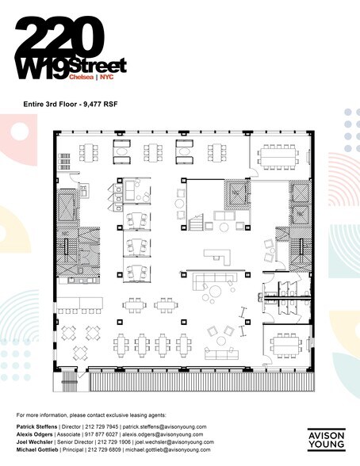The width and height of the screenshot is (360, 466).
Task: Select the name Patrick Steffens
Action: pos(40,426)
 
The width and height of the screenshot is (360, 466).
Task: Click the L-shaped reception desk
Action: pos(216,257)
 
